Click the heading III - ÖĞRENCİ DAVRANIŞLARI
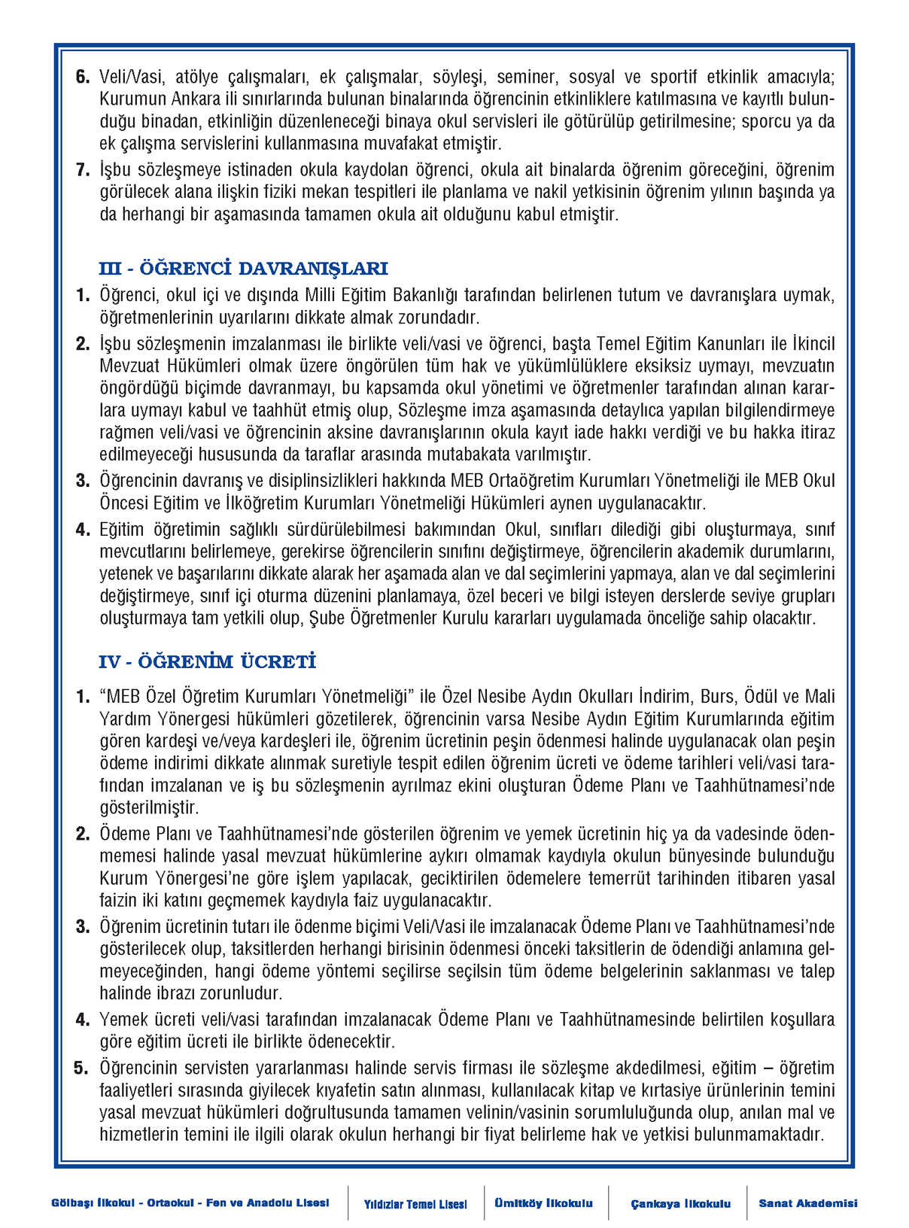pyautogui.click(x=243, y=269)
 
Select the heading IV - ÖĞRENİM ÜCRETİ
pyautogui.click(x=207, y=662)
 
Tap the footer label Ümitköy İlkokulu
pyautogui.click(x=543, y=1203)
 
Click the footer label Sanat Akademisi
pyautogui.click(x=807, y=1203)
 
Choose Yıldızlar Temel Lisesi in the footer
pyautogui.click(x=415, y=1204)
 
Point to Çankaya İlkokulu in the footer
pyautogui.click(x=680, y=1204)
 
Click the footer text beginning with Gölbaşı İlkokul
pyautogui.click(x=190, y=1203)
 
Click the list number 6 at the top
pyautogui.click(x=82, y=77)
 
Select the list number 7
pyautogui.click(x=82, y=170)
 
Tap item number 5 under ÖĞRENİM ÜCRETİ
pyautogui.click(x=82, y=1068)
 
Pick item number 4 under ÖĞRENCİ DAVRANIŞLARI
pyautogui.click(x=82, y=530)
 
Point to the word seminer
pyautogui.click(x=525, y=77)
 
